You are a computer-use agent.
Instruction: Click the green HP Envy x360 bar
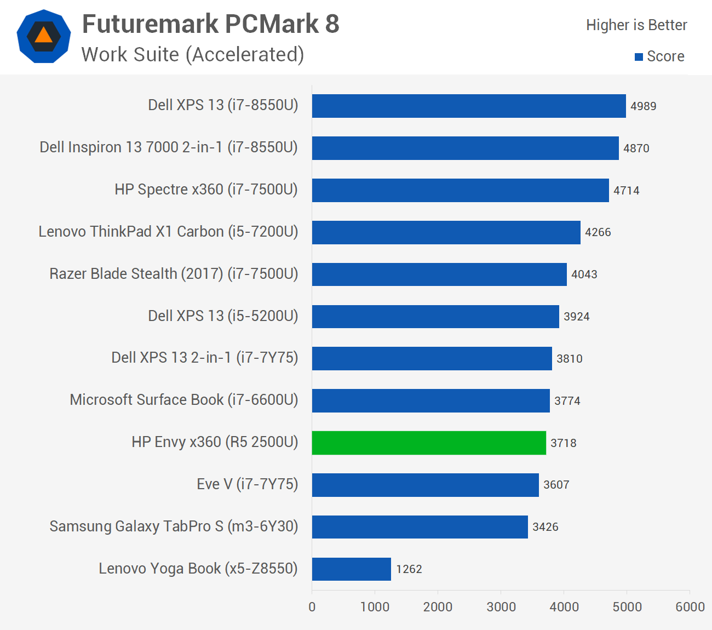point(429,443)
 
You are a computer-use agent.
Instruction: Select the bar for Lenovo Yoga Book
point(352,569)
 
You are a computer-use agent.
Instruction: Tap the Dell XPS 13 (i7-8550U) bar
point(469,106)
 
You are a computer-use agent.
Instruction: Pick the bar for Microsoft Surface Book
point(431,400)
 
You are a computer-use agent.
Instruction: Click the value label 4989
point(643,106)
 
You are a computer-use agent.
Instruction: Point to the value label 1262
point(409,569)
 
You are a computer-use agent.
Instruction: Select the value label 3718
point(564,443)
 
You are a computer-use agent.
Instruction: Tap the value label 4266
point(598,232)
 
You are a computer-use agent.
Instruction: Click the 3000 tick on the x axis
point(501,607)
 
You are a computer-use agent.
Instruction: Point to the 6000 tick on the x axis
point(690,607)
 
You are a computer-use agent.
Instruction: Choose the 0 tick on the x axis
point(312,607)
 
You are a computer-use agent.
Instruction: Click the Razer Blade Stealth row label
point(174,274)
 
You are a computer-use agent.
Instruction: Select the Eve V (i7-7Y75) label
point(247,484)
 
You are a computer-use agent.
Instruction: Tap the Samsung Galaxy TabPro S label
point(174,526)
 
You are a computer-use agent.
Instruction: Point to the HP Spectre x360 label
point(206,190)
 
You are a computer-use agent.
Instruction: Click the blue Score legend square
point(639,57)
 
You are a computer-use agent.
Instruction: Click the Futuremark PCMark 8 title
point(211,24)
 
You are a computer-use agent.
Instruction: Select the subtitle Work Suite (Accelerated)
point(193,55)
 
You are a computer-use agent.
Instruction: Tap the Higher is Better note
point(636,25)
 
